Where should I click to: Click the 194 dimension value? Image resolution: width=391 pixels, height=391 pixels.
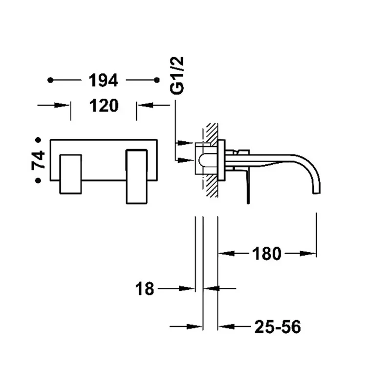point(103,80)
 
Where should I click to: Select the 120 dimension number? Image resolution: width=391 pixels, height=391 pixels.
point(104,106)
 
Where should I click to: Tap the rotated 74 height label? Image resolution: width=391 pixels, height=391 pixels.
point(38,160)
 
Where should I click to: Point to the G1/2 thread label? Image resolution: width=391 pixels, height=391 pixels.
point(177,75)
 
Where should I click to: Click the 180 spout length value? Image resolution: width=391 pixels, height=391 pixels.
point(266,254)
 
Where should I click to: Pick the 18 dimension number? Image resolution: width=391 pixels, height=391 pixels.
point(145,289)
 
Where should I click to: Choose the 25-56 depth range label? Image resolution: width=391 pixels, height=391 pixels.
point(278,326)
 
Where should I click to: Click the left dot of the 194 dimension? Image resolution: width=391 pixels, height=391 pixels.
point(50,80)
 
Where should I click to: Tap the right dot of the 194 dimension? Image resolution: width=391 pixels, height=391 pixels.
point(156,80)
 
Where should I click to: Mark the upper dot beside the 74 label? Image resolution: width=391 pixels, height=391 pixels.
point(38,140)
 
